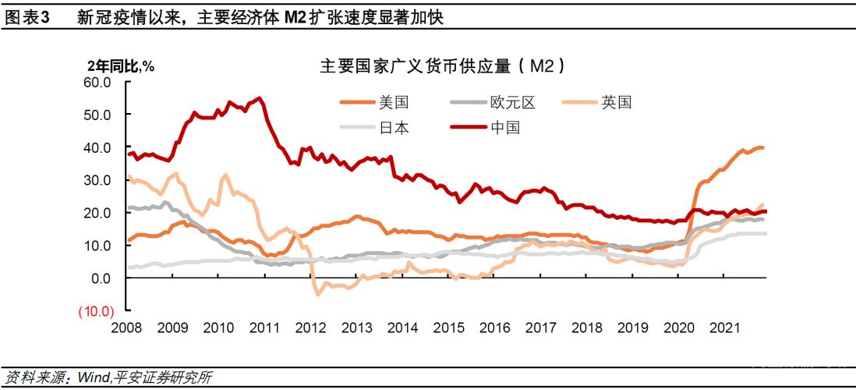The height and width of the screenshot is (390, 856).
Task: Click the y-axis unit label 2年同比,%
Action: [x=120, y=66]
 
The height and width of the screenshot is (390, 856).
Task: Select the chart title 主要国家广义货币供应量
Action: [x=414, y=67]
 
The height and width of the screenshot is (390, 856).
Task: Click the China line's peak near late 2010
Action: [x=260, y=98]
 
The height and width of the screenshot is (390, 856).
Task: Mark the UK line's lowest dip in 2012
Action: [x=317, y=294]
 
